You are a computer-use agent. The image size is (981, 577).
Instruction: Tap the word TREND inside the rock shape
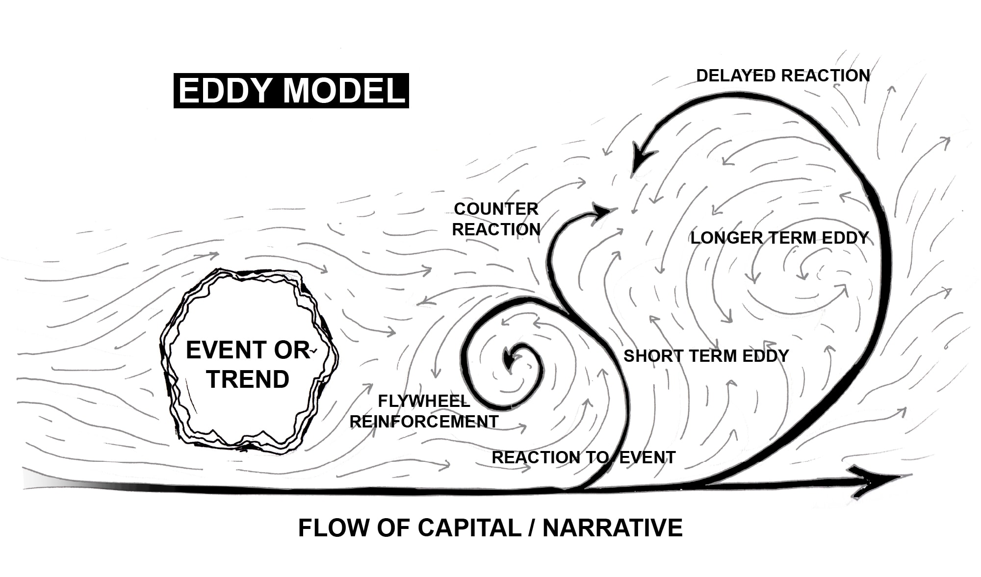pos(248,379)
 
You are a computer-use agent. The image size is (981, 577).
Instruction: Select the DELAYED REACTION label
pos(783,76)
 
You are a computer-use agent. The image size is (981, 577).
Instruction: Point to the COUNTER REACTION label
pos(496,219)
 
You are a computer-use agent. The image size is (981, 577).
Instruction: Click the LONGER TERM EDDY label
pos(779,238)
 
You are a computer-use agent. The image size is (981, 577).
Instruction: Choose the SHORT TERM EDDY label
pos(706,356)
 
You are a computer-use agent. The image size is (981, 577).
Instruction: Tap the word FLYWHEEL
pos(424,401)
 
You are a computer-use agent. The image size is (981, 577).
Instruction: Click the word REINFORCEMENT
pos(424,422)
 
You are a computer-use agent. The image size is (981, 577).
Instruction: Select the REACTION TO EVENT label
pos(583,458)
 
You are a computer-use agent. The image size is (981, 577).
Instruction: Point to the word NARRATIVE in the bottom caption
pos(613,528)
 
